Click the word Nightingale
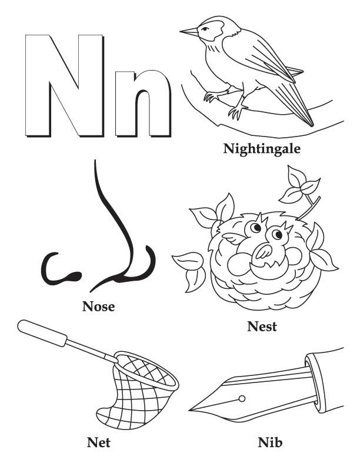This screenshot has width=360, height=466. [262, 149]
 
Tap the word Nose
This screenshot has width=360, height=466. [98, 306]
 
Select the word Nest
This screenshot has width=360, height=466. [262, 326]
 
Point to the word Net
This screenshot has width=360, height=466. [98, 441]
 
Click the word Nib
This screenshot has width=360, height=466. [270, 441]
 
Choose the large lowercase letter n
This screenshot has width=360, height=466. [143, 104]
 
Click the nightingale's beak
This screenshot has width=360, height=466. [189, 31]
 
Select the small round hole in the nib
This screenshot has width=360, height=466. [242, 399]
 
